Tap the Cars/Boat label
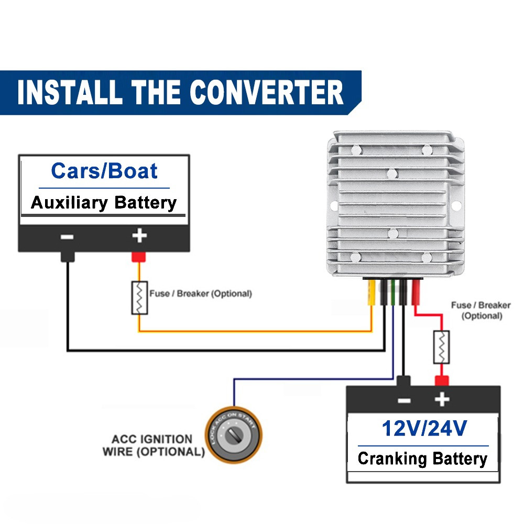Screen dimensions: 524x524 (104, 171)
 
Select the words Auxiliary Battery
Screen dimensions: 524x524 (104, 203)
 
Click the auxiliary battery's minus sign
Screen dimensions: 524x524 (67, 237)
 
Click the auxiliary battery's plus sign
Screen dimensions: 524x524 (139, 236)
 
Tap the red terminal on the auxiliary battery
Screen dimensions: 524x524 (139, 257)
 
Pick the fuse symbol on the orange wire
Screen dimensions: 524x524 (139, 298)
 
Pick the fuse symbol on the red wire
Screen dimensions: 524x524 (442, 347)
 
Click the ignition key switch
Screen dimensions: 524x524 (232, 434)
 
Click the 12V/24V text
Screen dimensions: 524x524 (423, 429)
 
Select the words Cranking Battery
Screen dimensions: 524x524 (422, 459)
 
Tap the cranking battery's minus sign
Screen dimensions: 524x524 (404, 400)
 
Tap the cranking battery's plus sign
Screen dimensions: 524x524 (442, 400)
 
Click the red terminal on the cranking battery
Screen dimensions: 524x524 (442, 381)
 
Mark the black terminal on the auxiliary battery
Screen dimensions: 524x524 (67, 257)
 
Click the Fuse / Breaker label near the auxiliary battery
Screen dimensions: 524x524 (200, 293)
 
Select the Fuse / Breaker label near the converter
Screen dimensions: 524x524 (481, 310)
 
